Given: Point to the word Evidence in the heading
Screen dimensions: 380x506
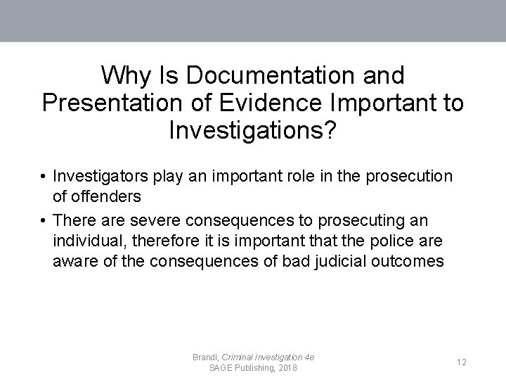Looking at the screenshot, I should click(x=258, y=102).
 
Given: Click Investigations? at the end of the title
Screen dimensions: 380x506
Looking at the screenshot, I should click(x=252, y=129).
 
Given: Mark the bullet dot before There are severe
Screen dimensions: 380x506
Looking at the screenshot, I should click(x=44, y=221).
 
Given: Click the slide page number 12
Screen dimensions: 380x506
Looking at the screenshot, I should click(x=461, y=362).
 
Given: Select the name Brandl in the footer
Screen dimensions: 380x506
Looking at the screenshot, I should click(x=205, y=357).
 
